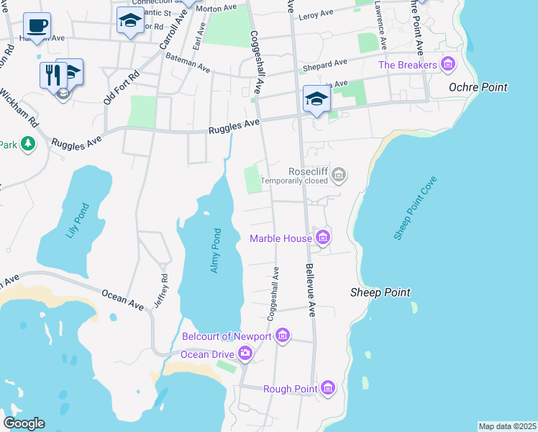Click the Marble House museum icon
[322, 238]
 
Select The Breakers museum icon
[448, 65]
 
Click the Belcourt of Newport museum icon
[283, 336]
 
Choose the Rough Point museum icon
[328, 389]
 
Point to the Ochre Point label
[478, 87]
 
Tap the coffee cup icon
[37, 26]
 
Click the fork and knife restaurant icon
[53, 74]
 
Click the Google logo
[24, 423]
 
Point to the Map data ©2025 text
[507, 426]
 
